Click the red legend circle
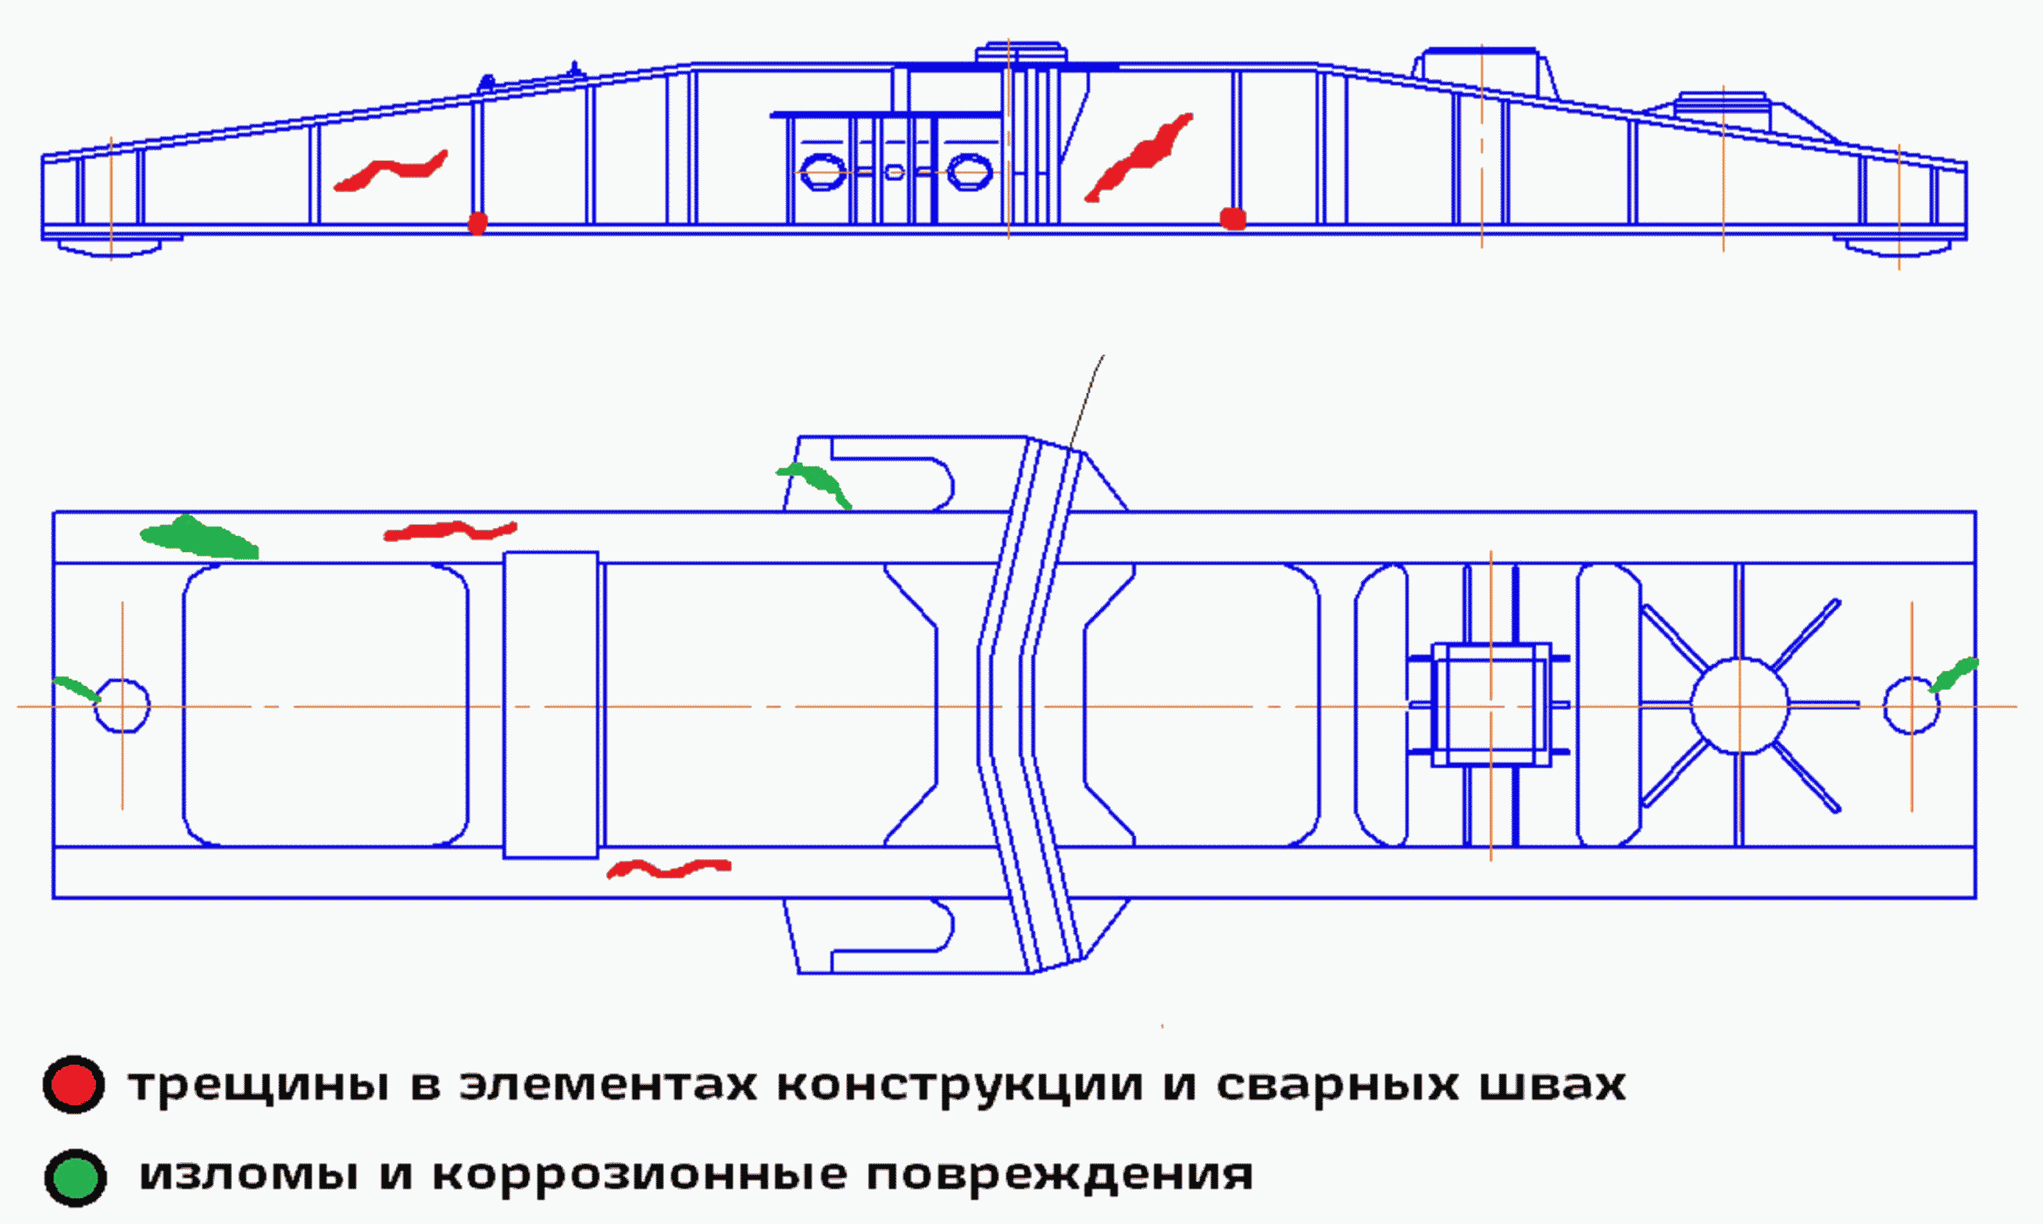tap(73, 1085)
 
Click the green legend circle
tap(75, 1177)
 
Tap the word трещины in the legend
tap(258, 1086)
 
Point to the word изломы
tap(249, 1175)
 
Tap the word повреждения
tap(1059, 1175)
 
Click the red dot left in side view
tap(477, 223)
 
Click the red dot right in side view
tap(1232, 219)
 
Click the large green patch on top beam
tap(198, 537)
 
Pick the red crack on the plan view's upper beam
tap(450, 531)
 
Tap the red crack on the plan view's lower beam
tap(668, 869)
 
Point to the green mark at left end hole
tap(77, 689)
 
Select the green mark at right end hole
tap(1953, 674)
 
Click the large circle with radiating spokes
tap(1738, 706)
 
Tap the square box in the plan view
tap(1491, 705)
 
